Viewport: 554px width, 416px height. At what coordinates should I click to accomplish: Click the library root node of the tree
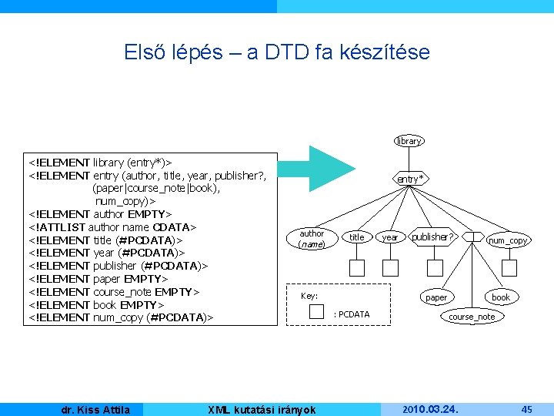[x=409, y=141]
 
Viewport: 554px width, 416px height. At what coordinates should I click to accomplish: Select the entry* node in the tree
[x=411, y=179]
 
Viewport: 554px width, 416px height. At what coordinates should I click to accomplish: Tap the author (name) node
[x=312, y=238]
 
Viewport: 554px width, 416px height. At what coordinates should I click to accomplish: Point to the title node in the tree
[x=356, y=237]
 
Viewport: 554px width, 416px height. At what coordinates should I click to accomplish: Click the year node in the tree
[x=391, y=237]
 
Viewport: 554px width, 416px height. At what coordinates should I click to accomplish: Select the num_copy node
[x=508, y=240]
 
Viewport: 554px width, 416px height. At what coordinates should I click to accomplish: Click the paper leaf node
[x=436, y=297]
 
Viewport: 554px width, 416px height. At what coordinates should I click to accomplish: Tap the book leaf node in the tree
[x=501, y=297]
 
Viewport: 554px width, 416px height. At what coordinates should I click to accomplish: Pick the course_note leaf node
[x=472, y=317]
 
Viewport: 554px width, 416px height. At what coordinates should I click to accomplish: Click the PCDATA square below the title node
[x=357, y=268]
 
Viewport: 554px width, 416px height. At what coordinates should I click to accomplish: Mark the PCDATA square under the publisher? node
[x=432, y=268]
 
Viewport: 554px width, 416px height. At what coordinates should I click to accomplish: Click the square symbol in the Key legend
[x=316, y=313]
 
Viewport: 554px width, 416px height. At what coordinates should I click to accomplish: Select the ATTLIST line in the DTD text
[x=113, y=226]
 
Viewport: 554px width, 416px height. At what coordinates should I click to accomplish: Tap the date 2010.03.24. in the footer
[x=431, y=409]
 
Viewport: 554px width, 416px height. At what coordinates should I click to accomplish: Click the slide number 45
[x=527, y=409]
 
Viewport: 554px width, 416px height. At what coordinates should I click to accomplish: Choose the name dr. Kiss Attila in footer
[x=95, y=410]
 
